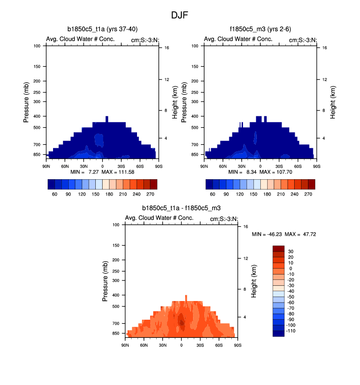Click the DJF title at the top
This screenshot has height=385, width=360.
179,15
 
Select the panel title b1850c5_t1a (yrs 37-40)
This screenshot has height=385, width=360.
102,29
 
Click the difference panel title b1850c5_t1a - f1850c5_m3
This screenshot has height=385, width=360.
181,208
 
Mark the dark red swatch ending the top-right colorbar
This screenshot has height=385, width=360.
311,184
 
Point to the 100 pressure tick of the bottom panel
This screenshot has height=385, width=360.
117,224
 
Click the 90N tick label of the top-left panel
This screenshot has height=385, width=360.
47,160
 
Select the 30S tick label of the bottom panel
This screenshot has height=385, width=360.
199,338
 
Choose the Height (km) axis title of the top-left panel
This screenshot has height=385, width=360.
174,102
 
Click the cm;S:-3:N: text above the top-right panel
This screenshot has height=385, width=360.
303,40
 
